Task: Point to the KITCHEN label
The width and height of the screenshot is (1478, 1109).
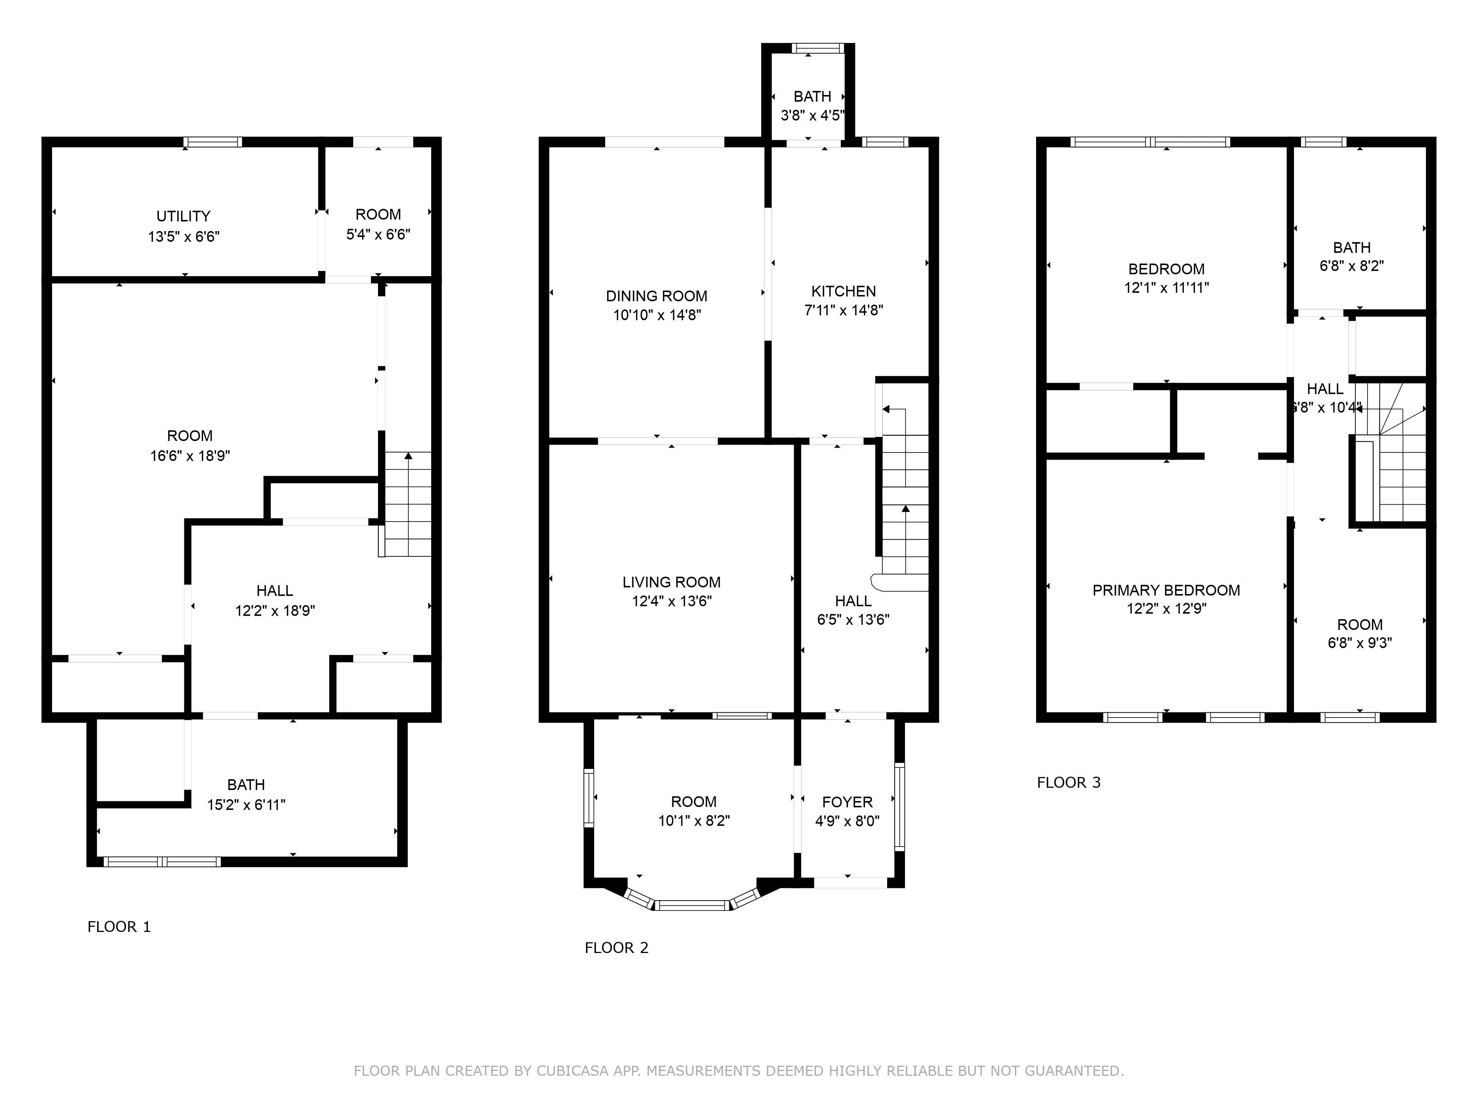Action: [x=843, y=291]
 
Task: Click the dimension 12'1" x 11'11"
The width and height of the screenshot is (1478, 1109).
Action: [x=1166, y=288]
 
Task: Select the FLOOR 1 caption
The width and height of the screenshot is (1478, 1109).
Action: [x=119, y=926]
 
